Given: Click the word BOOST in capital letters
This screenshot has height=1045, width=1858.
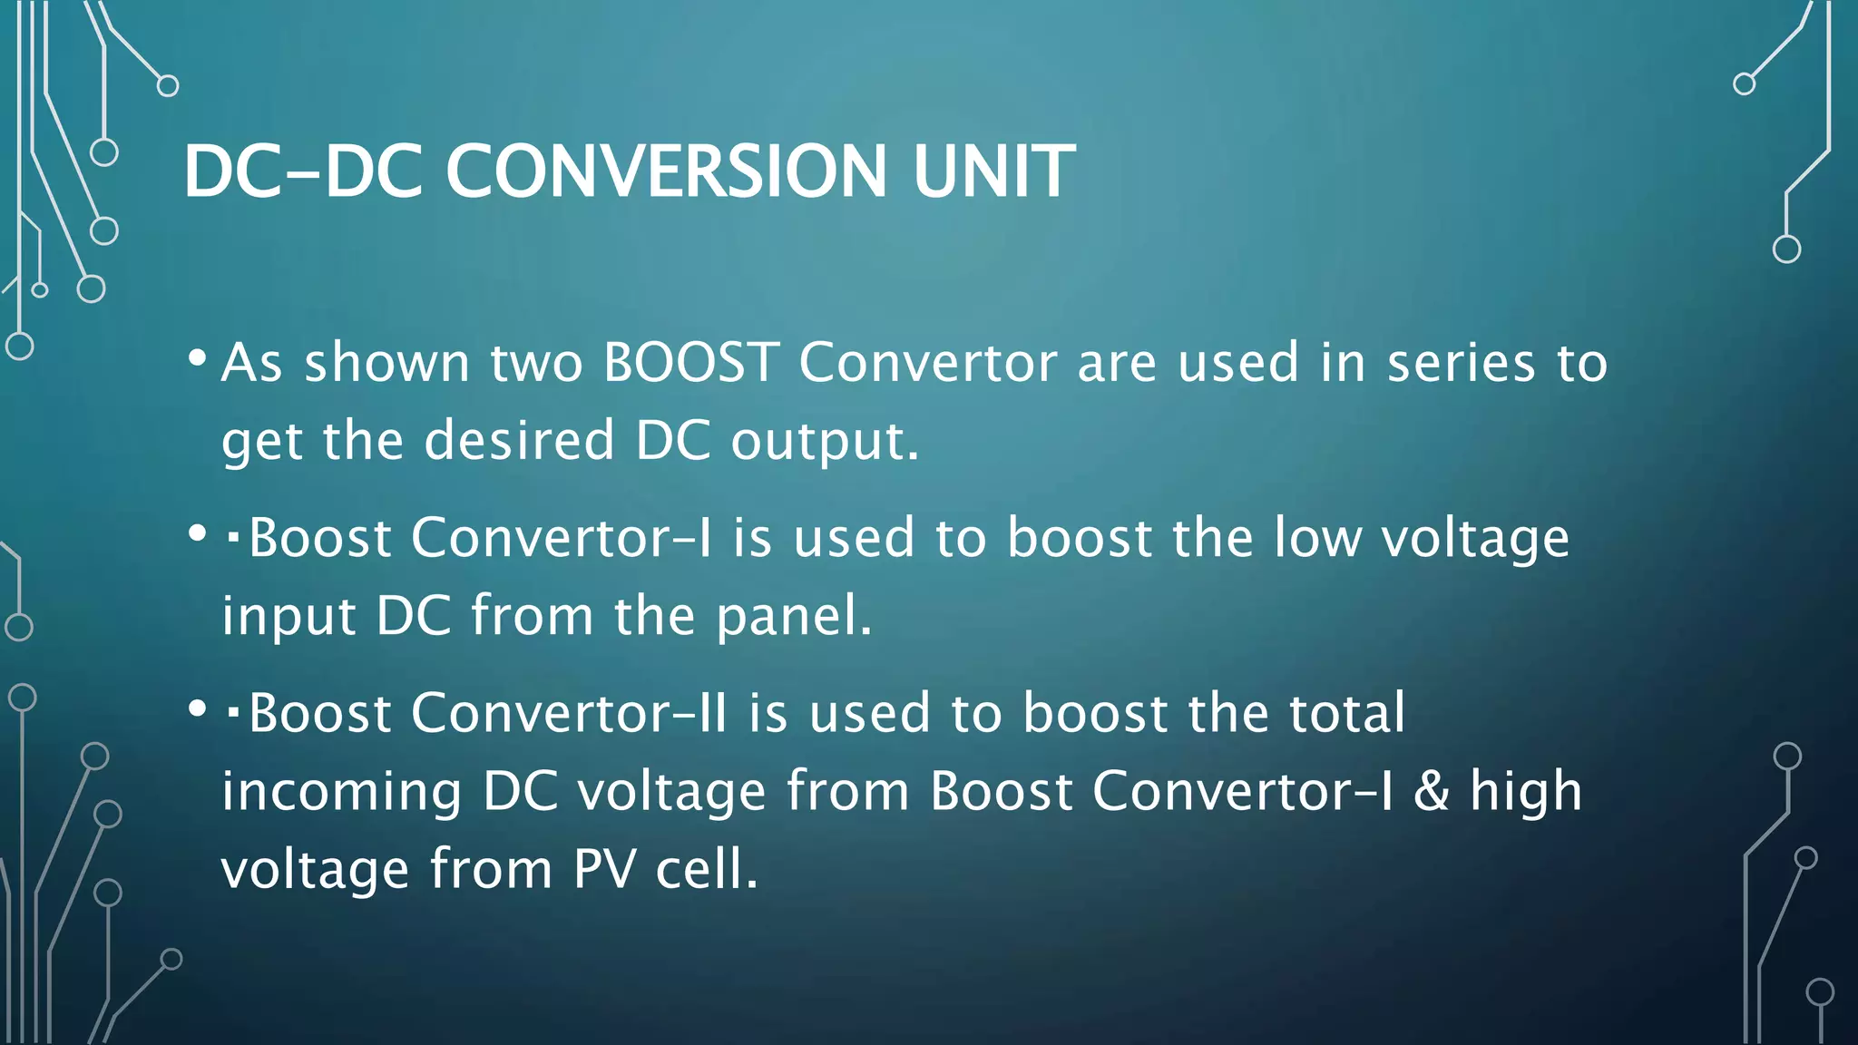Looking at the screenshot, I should [691, 362].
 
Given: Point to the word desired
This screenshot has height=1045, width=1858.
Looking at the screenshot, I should [520, 441].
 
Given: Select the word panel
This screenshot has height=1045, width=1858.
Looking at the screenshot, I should [792, 616].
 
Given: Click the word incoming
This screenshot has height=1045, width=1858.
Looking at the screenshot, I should [341, 791].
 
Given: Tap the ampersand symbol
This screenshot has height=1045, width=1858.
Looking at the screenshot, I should [1431, 791].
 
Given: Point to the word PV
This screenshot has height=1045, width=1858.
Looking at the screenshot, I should [603, 869].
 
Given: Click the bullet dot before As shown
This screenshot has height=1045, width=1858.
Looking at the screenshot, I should [197, 358].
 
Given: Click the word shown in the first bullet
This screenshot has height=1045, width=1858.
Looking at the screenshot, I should [386, 362].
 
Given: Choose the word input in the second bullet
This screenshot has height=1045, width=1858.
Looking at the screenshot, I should [288, 616].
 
